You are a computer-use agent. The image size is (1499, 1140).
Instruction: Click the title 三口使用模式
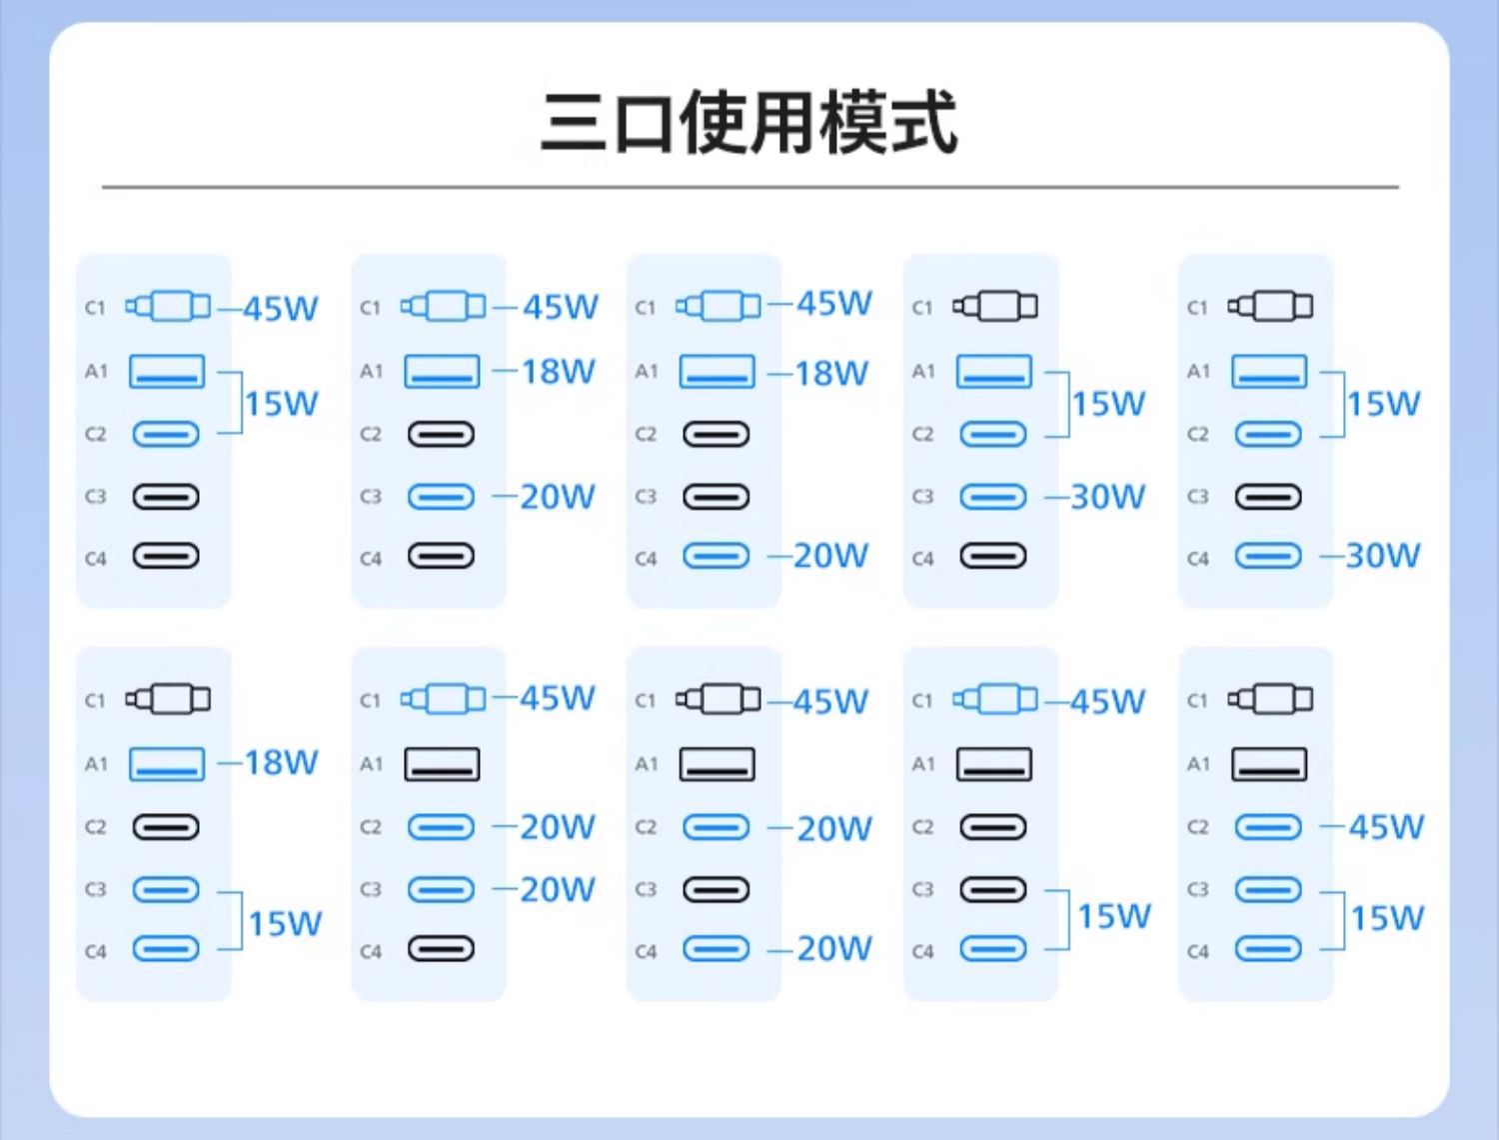[749, 122]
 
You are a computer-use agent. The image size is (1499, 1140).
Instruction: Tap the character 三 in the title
[574, 124]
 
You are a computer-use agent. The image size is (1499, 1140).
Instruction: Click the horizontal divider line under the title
[749, 187]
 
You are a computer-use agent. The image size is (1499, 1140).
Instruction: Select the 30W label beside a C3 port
[1107, 497]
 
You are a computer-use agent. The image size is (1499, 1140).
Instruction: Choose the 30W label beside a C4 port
[1383, 556]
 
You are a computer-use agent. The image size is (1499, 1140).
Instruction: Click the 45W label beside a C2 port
[1386, 827]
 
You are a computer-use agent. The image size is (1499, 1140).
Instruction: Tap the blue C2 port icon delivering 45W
[1268, 828]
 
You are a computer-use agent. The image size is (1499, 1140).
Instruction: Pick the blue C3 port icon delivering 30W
[993, 497]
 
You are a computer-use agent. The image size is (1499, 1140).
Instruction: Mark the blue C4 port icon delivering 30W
[1268, 556]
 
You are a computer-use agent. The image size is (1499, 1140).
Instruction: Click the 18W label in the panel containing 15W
[282, 763]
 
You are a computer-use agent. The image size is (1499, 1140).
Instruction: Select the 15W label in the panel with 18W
[285, 923]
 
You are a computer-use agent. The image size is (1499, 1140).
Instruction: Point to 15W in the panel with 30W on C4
[1383, 404]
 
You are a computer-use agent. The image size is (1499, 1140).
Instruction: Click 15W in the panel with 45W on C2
[1387, 918]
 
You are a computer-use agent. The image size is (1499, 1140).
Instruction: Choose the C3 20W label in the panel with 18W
[558, 497]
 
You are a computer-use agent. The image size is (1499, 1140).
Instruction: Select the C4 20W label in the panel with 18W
[831, 556]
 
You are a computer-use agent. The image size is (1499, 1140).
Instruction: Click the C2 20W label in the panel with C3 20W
[558, 827]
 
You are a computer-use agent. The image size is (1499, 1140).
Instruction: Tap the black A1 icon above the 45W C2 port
[1268, 765]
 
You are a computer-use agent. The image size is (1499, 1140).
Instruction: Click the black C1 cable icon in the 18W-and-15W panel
[168, 699]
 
